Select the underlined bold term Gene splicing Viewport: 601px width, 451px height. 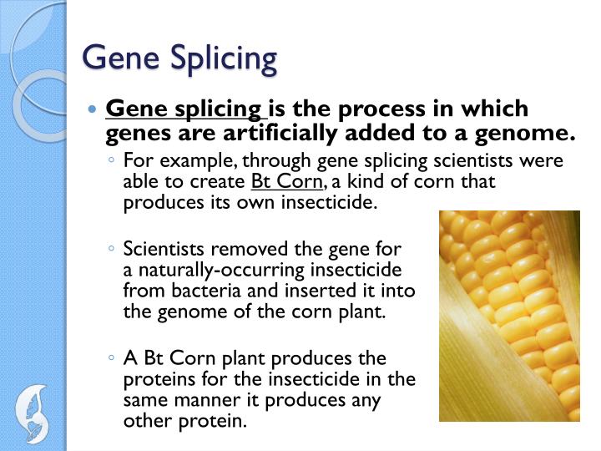(183, 109)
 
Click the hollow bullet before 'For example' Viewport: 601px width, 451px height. (112, 161)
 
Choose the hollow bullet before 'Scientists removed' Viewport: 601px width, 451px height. (112, 249)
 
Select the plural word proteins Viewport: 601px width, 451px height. (154, 379)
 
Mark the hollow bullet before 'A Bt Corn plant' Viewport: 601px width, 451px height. (112, 358)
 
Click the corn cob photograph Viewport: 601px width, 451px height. (509, 315)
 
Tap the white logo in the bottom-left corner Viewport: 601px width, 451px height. (33, 410)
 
